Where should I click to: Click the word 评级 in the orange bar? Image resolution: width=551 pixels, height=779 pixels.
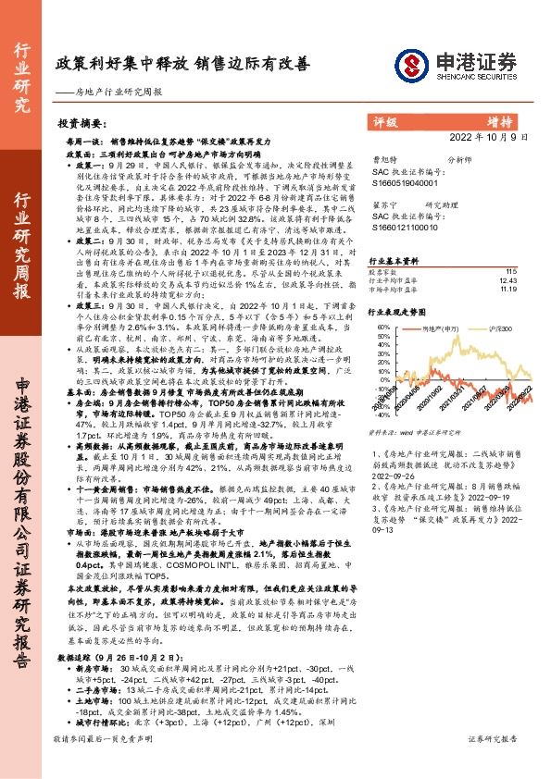pyautogui.click(x=385, y=121)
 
